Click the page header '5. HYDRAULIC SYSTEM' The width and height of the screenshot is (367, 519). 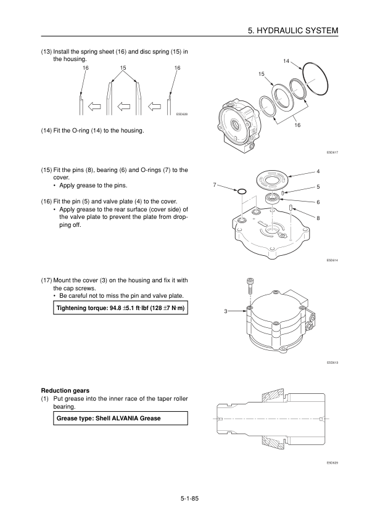tap(293, 30)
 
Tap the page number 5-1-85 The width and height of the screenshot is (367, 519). tap(189, 498)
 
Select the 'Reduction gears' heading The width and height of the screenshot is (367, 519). tap(65, 391)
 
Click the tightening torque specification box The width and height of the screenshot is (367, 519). tap(120, 308)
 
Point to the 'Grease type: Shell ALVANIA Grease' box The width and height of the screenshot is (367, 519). tap(120, 418)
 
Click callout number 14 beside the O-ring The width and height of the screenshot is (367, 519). tap(286, 61)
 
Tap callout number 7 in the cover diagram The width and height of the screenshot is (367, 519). tap(215, 185)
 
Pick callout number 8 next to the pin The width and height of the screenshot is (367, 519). tap(318, 218)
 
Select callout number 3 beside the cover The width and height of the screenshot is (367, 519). tap(226, 311)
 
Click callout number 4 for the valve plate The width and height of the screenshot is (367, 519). tap(318, 171)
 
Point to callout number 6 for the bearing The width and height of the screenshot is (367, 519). tap(318, 202)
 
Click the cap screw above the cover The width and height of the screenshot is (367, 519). tap(249, 285)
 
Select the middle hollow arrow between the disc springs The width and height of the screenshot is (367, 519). tap(124, 107)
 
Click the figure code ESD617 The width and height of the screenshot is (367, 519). tap(332, 152)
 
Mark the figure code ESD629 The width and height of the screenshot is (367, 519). tap(332, 463)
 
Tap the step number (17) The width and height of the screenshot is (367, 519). tap(46, 280)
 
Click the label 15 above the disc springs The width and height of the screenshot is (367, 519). tap(123, 68)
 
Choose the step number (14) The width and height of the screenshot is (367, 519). tap(46, 131)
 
